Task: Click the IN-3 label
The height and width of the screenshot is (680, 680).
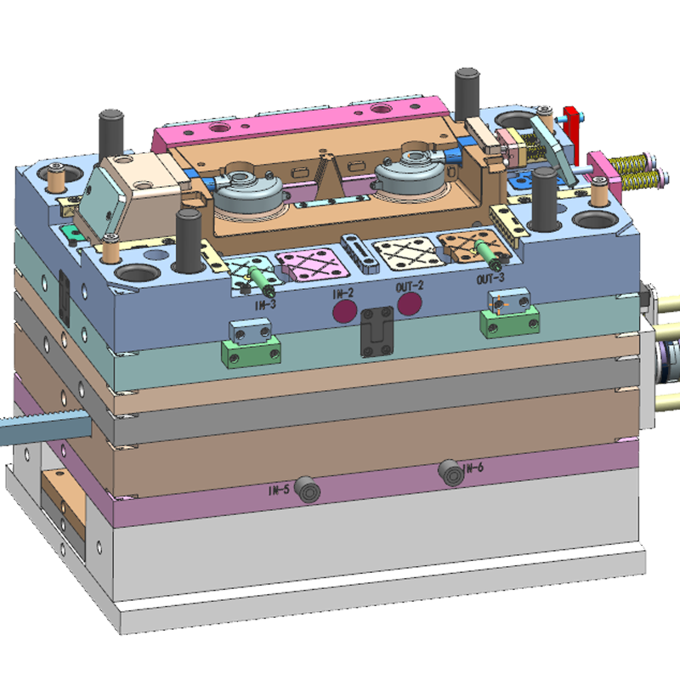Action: pos(265,305)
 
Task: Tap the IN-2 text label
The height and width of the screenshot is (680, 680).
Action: pos(343,294)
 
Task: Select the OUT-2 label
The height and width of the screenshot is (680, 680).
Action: pos(410,286)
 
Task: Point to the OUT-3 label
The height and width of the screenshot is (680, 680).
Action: pos(490,279)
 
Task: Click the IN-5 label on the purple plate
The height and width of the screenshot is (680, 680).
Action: pos(279,490)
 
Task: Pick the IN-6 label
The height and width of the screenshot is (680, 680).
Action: pos(473,468)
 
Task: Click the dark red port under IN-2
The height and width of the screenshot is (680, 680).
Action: pos(345,311)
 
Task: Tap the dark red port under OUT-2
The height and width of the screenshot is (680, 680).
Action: pos(410,303)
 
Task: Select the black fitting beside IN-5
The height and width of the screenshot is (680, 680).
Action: pos(308,490)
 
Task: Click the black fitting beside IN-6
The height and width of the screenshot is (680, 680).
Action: pos(451,473)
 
